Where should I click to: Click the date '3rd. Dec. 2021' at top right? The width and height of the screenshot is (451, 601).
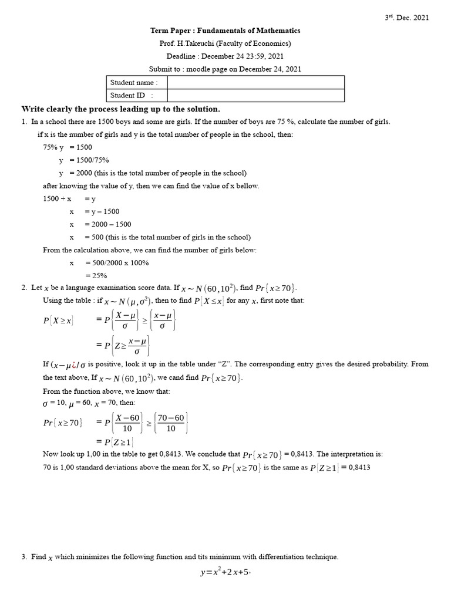pos(407,18)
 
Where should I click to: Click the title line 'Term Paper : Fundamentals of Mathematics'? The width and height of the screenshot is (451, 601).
pos(225,31)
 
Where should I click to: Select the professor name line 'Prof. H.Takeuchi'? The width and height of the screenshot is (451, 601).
pos(225,43)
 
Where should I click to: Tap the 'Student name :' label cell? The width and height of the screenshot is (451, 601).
pos(134,83)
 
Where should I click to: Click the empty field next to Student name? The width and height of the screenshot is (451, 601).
pos(255,83)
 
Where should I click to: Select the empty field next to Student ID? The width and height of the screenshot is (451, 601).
pos(255,95)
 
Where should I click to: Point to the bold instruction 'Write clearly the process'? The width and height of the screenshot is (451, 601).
pos(121,109)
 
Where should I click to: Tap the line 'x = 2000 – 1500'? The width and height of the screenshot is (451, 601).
pos(100,224)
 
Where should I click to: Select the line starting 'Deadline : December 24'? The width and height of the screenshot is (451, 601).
pos(225,56)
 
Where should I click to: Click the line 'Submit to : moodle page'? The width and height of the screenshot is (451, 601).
pos(225,69)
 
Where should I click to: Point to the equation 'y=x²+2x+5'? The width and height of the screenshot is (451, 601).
pos(225,573)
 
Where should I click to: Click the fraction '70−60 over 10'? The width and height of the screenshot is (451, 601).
pos(171,423)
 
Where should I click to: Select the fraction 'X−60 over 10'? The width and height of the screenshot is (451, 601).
pos(127,423)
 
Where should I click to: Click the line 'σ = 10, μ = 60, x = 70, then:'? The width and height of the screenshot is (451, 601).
pos(89,403)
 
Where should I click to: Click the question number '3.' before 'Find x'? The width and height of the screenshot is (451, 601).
pos(25,557)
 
